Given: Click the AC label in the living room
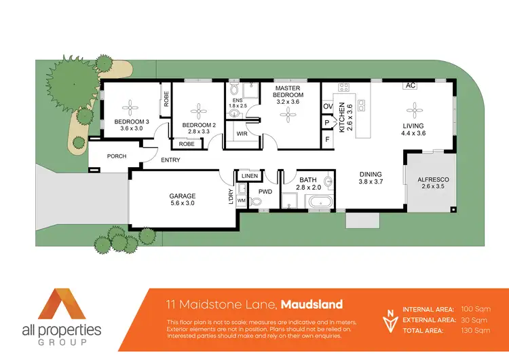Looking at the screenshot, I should pyautogui.click(x=410, y=86).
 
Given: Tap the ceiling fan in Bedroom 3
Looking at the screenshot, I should pyautogui.click(x=130, y=107).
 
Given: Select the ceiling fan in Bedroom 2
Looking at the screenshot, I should pyautogui.click(x=199, y=111).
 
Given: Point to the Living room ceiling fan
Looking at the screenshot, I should pyautogui.click(x=413, y=108).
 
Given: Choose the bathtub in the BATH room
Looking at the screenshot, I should pyautogui.click(x=318, y=202).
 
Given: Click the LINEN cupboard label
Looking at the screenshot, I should pyautogui.click(x=249, y=177).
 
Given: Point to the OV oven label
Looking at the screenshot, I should pyautogui.click(x=327, y=107).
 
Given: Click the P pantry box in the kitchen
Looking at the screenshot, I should pyautogui.click(x=327, y=123).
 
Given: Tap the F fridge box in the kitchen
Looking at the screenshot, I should pyautogui.click(x=327, y=140).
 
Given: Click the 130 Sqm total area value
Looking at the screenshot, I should pyautogui.click(x=475, y=330).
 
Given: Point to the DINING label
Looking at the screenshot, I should pyautogui.click(x=371, y=174).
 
